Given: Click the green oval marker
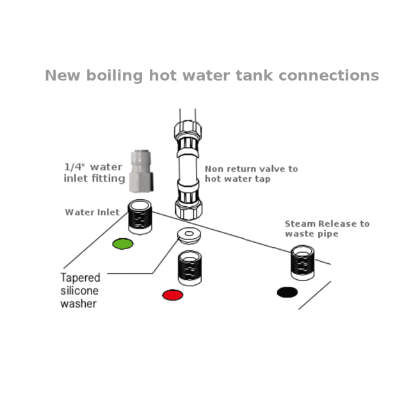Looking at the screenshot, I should pos(121,244).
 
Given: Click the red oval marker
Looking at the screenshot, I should pos(172,295).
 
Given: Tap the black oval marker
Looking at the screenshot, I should pos(287,293).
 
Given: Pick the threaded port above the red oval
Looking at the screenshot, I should pos(190,268).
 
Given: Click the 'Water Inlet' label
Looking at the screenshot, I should pos(92,212).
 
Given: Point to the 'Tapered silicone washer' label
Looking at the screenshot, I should pos(80,291).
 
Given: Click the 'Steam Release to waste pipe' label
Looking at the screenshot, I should pos(327,229).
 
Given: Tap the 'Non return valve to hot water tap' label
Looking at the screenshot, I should pos(251,174).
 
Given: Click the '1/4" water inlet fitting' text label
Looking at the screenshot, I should pos(94,173).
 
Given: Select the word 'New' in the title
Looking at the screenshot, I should pos(61,76).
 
